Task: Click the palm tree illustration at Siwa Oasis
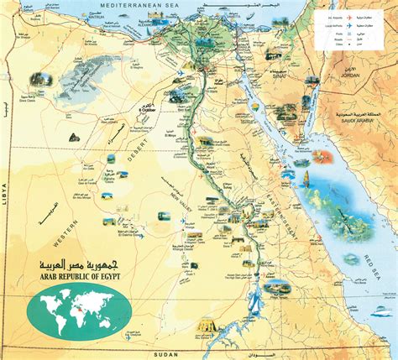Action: pos(37,80)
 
